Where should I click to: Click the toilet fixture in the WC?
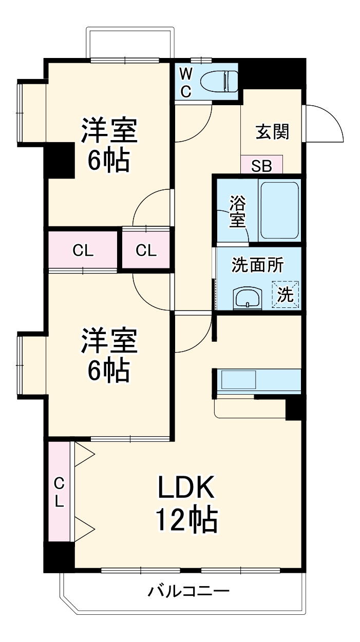[x=218, y=81]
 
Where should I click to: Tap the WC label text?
[x=186, y=83]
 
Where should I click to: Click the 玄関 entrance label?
[x=272, y=132]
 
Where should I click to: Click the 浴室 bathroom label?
[x=237, y=211]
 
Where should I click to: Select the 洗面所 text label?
[x=257, y=265]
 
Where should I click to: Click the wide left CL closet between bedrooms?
[x=83, y=250]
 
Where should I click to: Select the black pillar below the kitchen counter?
[x=294, y=408]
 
